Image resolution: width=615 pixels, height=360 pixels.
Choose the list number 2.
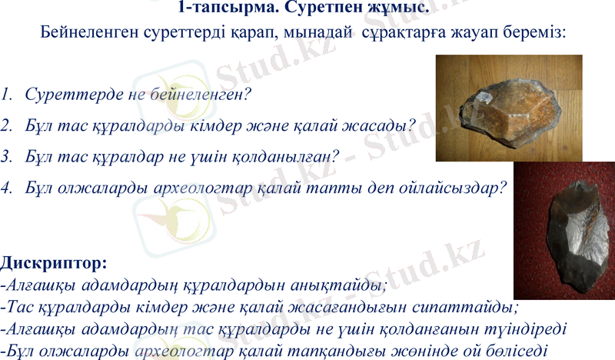tap(6, 125)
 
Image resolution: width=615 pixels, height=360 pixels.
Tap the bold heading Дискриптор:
tap(54, 264)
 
